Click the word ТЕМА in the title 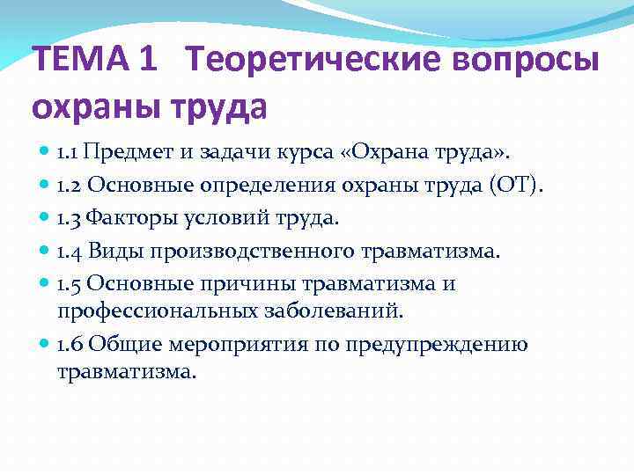75,61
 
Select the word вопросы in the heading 528,61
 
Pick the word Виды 114,252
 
